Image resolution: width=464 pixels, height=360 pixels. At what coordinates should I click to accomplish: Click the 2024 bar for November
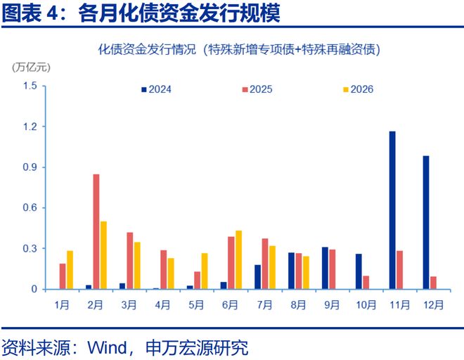392,210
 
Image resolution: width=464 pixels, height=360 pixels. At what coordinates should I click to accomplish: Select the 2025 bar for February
96,231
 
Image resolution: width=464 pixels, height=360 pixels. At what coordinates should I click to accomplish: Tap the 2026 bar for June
238,259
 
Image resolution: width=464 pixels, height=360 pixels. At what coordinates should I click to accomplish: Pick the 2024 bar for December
426,222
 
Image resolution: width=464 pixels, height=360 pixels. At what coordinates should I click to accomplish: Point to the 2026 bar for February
103,255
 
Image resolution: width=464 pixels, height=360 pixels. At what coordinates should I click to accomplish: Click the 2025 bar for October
366,283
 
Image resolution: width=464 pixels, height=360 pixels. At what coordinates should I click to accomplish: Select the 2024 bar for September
325,268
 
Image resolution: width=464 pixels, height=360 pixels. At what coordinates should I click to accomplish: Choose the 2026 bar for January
70,270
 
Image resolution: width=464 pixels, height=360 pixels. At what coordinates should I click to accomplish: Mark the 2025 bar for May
197,280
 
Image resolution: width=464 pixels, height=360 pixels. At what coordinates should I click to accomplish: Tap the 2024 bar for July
257,277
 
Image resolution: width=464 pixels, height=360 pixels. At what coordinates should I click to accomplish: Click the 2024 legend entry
156,89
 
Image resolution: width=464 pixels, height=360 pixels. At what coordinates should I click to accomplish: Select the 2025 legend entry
257,89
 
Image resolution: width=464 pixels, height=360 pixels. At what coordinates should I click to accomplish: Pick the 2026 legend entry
358,89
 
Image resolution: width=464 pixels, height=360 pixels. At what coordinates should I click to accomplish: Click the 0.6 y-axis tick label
30,207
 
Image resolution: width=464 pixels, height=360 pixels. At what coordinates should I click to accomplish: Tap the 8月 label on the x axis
298,304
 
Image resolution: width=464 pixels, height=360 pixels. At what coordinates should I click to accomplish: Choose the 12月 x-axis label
434,304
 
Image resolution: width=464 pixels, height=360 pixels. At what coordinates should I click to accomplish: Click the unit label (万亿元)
31,67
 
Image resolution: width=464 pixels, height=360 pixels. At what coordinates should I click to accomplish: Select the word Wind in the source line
107,347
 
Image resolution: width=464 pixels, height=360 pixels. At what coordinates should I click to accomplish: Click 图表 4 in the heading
30,13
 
